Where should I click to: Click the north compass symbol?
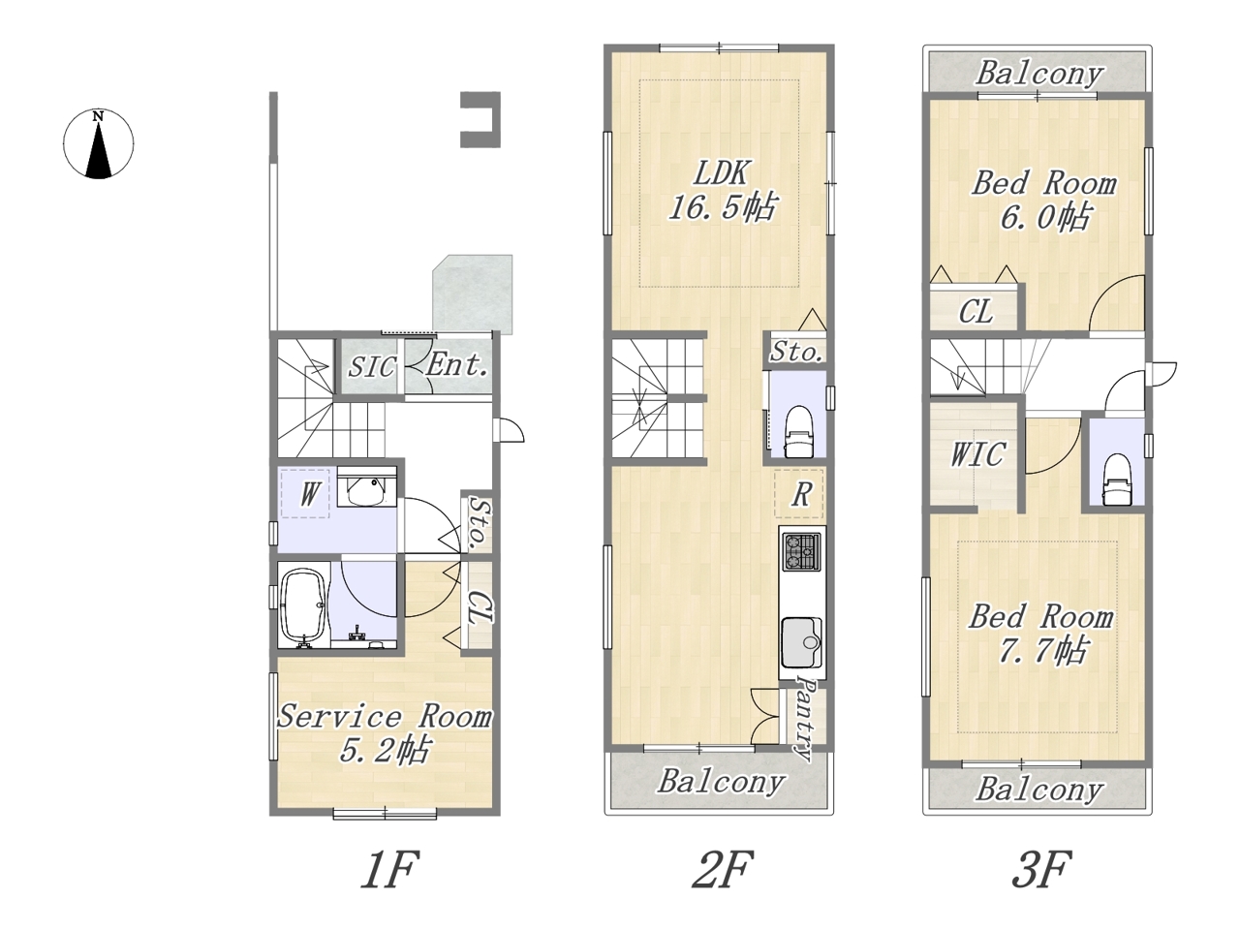point(98,144)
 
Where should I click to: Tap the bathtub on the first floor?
point(304,607)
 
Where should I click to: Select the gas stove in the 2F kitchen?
point(801,550)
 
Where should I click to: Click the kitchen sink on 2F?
point(801,642)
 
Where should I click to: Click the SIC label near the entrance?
point(371,367)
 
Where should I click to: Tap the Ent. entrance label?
point(456,365)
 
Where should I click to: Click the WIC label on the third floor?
point(977,454)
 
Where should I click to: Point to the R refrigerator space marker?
point(800,494)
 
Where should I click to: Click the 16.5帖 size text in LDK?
point(722,206)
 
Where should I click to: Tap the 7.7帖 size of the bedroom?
point(1041,650)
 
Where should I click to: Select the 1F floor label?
point(389,869)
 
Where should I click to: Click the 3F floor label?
point(1041,869)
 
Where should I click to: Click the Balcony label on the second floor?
point(721,782)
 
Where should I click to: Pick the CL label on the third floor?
point(976,312)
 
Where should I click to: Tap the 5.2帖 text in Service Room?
point(385,750)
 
